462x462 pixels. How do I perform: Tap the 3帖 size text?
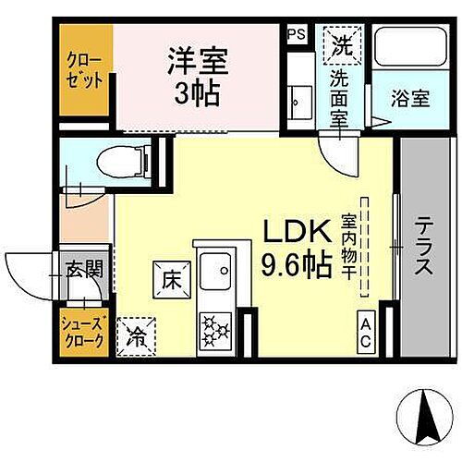coord(197,92)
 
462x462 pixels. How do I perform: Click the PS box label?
coord(296,33)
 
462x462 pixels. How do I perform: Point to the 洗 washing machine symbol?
coord(341,42)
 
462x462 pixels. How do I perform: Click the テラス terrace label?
coord(423,247)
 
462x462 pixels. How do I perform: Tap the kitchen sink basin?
coord(215,273)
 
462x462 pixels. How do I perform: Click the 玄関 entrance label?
coord(82,271)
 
